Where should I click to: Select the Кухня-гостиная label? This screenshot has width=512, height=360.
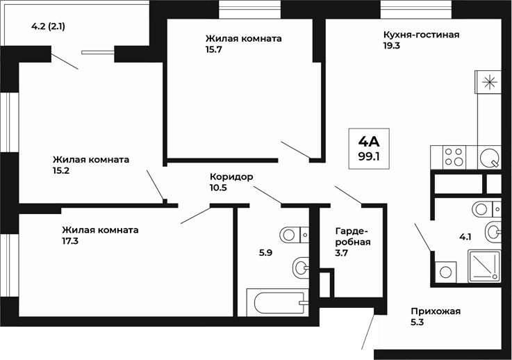[421, 34]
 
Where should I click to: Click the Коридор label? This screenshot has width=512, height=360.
[231, 177]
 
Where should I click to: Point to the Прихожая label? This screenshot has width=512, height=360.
[436, 311]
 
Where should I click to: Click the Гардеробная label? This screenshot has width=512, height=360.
[352, 236]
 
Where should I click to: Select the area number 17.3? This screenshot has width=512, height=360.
[71, 242]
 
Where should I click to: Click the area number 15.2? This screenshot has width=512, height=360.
[63, 170]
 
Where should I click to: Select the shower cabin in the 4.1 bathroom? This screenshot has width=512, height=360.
[484, 267]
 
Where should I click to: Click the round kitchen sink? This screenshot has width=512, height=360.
[490, 156]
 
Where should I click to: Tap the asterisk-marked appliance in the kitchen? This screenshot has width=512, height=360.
[490, 82]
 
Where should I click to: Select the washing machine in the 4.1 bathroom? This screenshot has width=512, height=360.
[445, 272]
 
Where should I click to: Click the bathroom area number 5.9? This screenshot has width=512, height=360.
[265, 253]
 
